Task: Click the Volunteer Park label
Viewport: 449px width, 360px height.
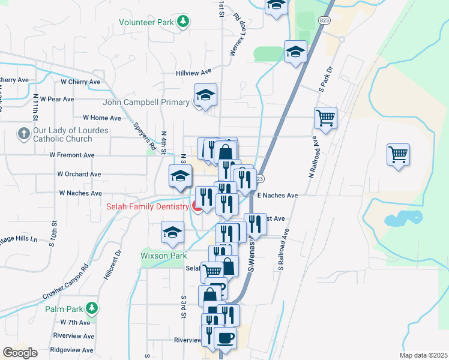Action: (x=146, y=22)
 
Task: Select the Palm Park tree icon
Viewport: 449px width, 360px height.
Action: (x=91, y=308)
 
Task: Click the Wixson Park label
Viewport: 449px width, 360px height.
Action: (x=164, y=256)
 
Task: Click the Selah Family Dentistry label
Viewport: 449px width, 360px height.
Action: (x=148, y=207)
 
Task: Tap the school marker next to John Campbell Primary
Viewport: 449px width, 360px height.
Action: (x=205, y=95)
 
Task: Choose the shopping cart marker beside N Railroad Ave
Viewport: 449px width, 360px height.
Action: (x=325, y=117)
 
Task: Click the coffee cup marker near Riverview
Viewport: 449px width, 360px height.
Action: (x=225, y=337)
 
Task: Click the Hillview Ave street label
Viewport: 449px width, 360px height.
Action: (x=193, y=71)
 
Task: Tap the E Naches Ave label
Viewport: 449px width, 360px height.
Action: (x=277, y=196)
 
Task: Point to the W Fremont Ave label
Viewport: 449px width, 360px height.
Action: (x=72, y=155)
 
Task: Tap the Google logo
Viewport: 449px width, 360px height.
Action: (x=20, y=353)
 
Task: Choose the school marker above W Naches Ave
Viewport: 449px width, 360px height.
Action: (x=179, y=176)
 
